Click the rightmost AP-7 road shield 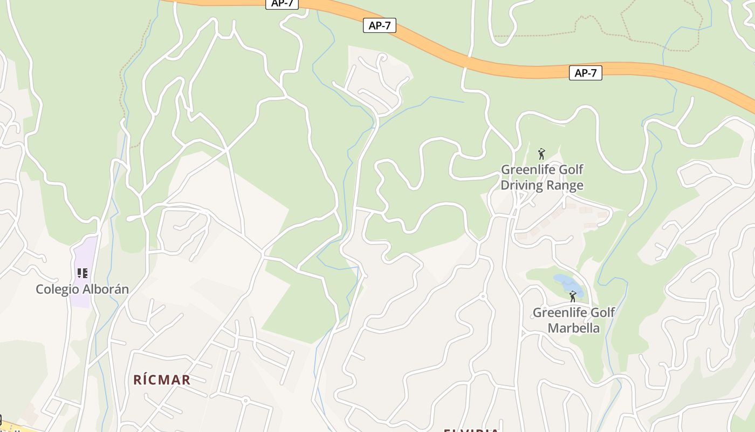[x=585, y=73]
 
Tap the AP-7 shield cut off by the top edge [x=282, y=3]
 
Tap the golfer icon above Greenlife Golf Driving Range [x=541, y=154]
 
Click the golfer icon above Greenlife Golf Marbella [x=573, y=296]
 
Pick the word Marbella [x=573, y=328]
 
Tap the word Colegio [x=57, y=289]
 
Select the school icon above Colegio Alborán [x=82, y=273]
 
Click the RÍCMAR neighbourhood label [x=162, y=380]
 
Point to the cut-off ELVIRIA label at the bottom [x=471, y=430]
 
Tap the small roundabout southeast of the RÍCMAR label [x=245, y=400]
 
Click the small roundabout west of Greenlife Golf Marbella [x=483, y=296]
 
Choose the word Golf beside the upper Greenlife [x=567, y=170]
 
